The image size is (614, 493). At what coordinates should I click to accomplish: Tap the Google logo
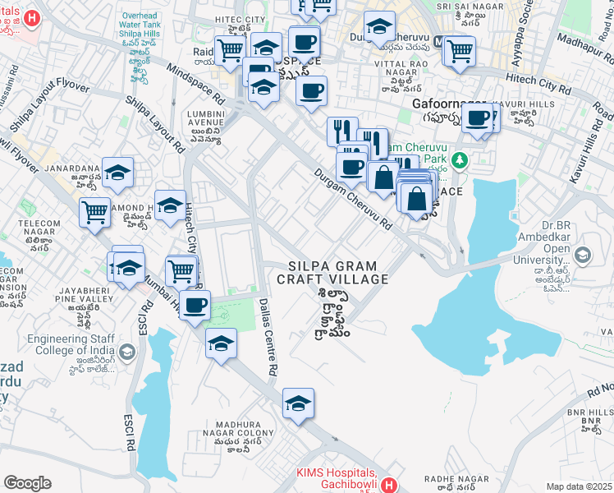pyautogui.click(x=27, y=483)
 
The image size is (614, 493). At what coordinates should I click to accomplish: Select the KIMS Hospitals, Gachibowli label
pyautogui.click(x=336, y=479)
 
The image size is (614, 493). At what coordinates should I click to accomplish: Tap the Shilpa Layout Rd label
pyautogui.click(x=155, y=123)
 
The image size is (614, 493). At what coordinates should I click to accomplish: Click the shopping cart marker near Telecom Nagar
pyautogui.click(x=95, y=212)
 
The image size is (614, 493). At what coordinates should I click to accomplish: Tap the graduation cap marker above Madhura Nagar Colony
pyautogui.click(x=298, y=403)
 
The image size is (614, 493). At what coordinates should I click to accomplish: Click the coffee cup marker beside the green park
pyautogui.click(x=195, y=306)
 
